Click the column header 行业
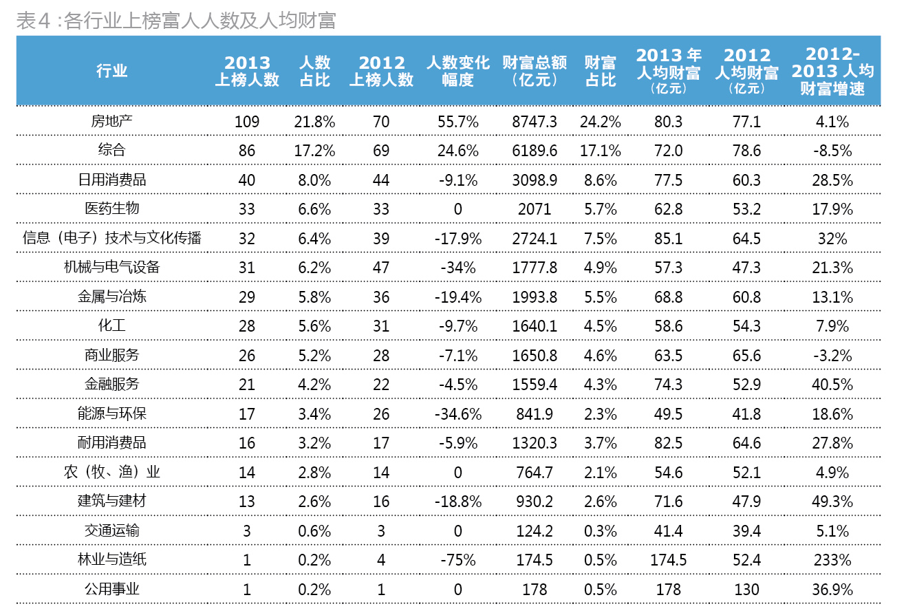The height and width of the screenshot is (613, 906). [111, 71]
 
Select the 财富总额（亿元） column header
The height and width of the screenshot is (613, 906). [535, 72]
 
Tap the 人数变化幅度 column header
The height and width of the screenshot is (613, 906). [457, 72]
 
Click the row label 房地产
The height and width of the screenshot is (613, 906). [111, 121]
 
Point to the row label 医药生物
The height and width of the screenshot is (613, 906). [111, 208]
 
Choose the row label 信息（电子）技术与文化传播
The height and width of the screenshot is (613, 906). [111, 238]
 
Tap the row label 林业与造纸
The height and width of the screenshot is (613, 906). [111, 559]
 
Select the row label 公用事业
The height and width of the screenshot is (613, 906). [111, 589]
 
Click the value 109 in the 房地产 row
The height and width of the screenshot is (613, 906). [247, 122]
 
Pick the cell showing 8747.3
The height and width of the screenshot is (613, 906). [535, 122]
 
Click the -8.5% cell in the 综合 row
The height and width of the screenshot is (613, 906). [832, 151]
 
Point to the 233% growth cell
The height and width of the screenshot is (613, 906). [832, 561]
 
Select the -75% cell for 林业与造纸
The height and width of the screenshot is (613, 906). [457, 561]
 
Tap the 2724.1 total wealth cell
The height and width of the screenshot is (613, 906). [535, 239]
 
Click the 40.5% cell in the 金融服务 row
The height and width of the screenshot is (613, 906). [832, 385]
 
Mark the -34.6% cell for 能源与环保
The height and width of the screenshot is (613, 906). [457, 414]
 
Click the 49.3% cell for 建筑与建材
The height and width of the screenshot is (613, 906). [832, 502]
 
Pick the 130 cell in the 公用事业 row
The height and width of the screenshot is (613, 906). [746, 590]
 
